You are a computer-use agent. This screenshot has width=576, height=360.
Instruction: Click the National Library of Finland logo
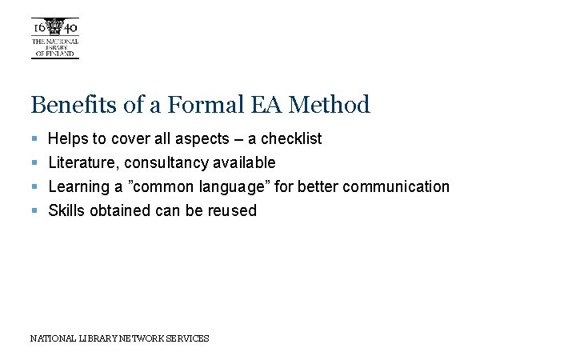pyautogui.click(x=55, y=38)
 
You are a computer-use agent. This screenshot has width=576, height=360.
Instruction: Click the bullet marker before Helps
pyautogui.click(x=35, y=139)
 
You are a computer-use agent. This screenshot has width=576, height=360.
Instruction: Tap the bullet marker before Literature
pyautogui.click(x=35, y=163)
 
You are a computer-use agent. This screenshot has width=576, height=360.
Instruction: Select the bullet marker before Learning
pyautogui.click(x=35, y=187)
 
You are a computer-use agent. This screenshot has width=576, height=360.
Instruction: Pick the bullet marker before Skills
pyautogui.click(x=35, y=211)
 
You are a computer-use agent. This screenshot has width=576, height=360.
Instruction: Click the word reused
pyautogui.click(x=233, y=211)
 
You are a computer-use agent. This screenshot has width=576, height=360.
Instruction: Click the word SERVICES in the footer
pyautogui.click(x=189, y=338)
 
